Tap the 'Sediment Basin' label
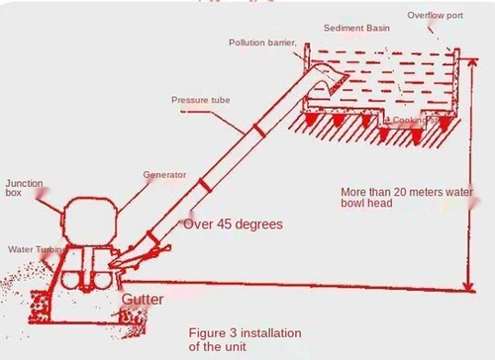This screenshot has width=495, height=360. (x=357, y=28)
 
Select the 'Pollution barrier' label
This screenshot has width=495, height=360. (x=262, y=43)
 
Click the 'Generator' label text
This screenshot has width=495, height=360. (x=164, y=175)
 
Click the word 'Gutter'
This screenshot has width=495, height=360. (x=144, y=298)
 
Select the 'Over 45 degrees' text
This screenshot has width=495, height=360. (x=233, y=225)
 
